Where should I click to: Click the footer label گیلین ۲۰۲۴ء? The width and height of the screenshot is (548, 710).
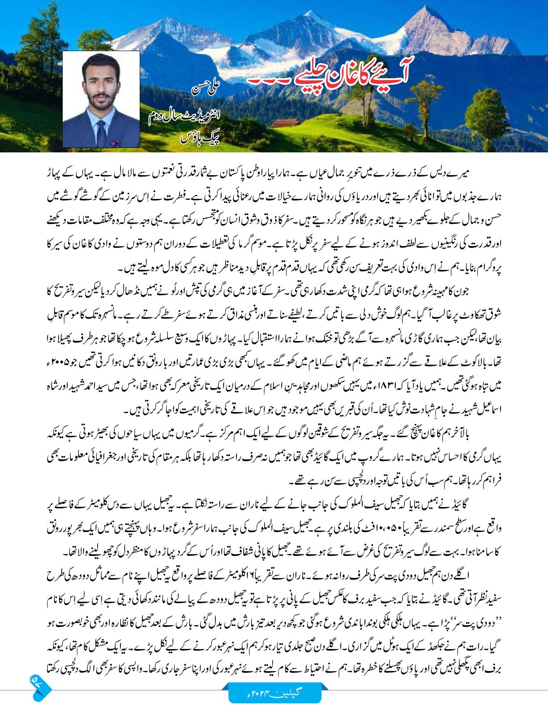coord(274,692)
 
